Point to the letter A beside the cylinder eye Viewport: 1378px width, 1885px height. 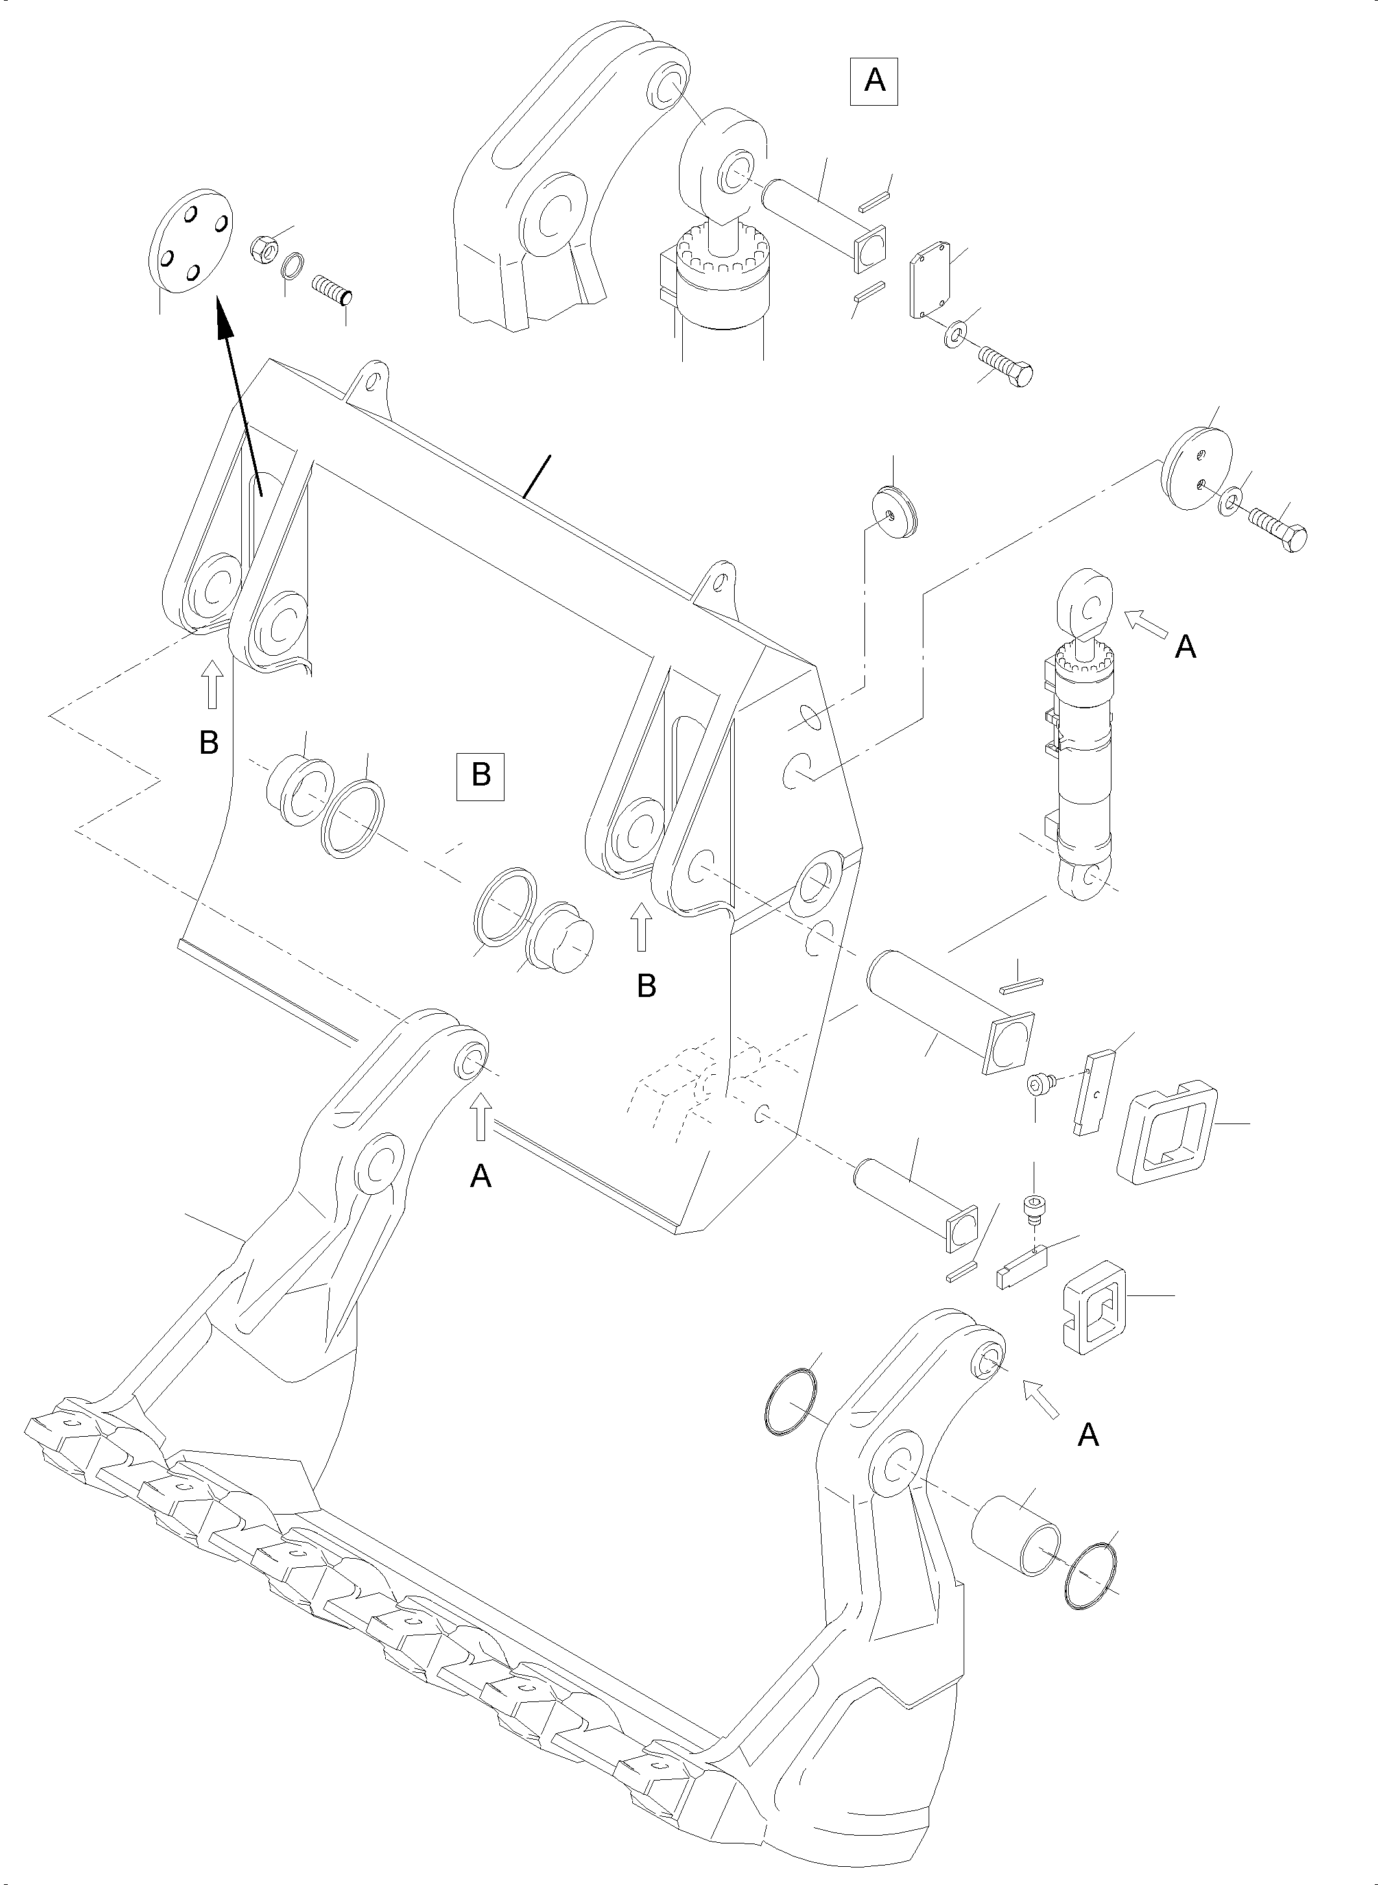click(x=1185, y=647)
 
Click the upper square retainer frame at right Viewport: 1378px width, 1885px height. click(x=1165, y=1131)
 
